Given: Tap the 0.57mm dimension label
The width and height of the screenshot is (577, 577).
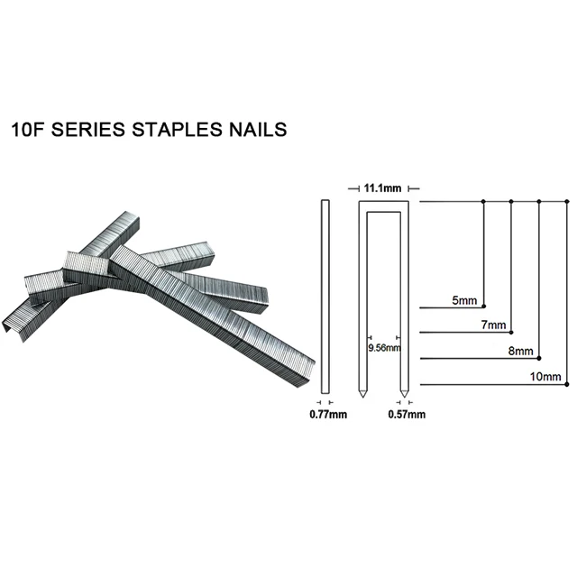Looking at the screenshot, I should [x=406, y=415].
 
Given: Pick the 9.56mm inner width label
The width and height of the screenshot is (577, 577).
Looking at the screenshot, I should [x=382, y=347].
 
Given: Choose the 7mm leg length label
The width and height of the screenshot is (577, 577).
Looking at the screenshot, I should [x=493, y=325].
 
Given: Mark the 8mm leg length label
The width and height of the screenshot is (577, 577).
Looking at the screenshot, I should [x=522, y=352].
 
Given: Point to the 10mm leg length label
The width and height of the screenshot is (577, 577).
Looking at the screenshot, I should [x=547, y=376].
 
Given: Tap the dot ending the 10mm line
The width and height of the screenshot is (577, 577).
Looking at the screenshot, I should [x=566, y=383].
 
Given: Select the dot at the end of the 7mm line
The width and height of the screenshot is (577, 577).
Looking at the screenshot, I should [x=512, y=330].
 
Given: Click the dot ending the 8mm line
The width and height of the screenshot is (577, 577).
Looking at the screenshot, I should [x=539, y=358].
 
